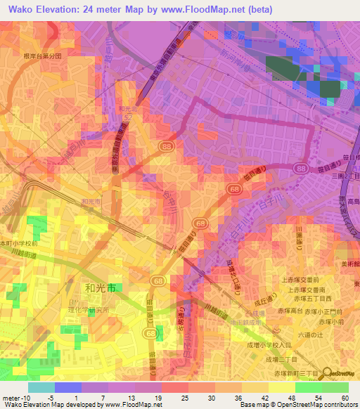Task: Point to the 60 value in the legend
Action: click(x=345, y=397)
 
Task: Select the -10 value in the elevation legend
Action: click(x=30, y=397)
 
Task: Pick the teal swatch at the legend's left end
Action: click(x=41, y=387)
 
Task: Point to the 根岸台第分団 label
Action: click(x=43, y=55)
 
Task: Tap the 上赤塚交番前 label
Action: click(x=301, y=278)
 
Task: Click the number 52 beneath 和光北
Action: click(x=127, y=118)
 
